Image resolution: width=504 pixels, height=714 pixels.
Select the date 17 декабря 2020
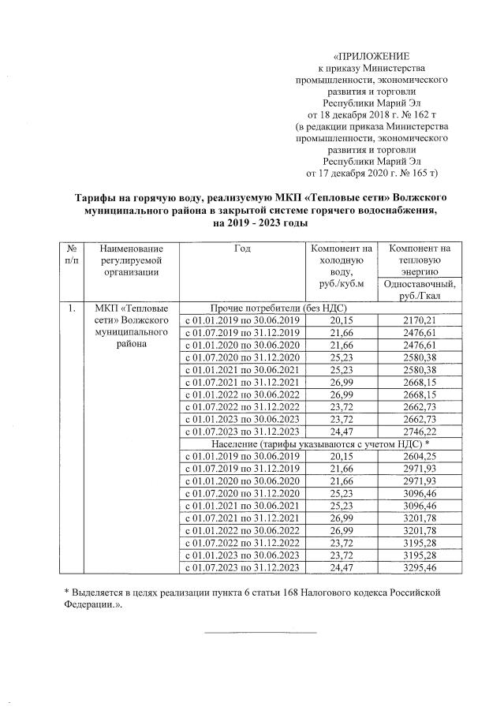pyautogui.click(x=352, y=171)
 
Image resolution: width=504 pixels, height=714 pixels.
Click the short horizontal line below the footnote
pyautogui.click(x=260, y=631)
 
